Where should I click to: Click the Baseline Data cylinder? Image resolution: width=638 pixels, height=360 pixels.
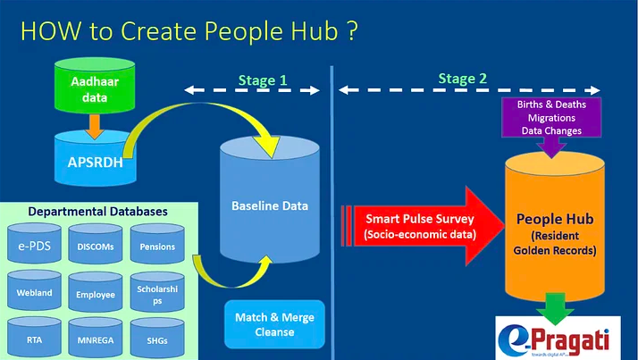pyautogui.click(x=264, y=205)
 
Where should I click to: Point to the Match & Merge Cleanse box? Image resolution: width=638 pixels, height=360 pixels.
pyautogui.click(x=274, y=323)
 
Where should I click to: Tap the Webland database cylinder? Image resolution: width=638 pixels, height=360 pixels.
pyautogui.click(x=36, y=290)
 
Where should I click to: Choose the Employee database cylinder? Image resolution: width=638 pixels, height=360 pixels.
pyautogui.click(x=96, y=290)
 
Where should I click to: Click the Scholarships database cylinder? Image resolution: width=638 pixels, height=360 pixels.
pyautogui.click(x=157, y=290)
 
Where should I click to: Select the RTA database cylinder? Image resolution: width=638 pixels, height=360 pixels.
pyautogui.click(x=36, y=337)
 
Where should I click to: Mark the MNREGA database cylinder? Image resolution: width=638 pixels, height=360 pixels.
pyautogui.click(x=96, y=337)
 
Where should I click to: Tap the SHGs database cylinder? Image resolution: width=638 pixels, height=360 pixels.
pyautogui.click(x=157, y=337)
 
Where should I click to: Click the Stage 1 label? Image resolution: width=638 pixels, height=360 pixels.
pyautogui.click(x=263, y=80)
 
